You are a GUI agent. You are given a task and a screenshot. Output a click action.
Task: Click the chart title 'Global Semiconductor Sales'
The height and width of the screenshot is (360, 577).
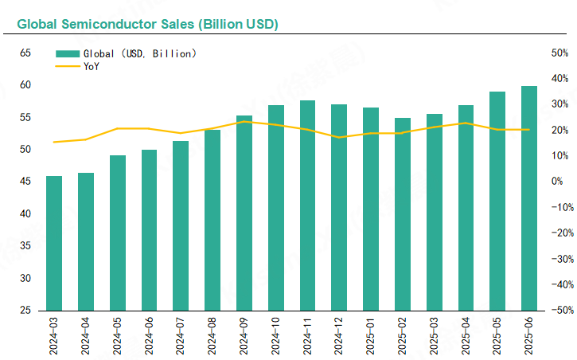(x=147, y=25)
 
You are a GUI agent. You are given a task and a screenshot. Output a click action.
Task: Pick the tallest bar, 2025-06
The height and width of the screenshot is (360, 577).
(x=529, y=198)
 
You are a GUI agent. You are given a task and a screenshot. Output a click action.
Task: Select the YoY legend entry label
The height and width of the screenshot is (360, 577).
(x=92, y=66)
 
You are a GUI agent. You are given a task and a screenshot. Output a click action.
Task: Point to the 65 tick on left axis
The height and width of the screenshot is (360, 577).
(x=25, y=53)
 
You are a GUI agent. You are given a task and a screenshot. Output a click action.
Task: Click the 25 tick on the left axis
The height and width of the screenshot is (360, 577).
(x=25, y=310)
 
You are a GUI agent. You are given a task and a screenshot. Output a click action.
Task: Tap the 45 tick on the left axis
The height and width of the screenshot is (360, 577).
(x=25, y=182)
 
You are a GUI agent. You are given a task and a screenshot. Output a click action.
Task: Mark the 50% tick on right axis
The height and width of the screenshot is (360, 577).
(x=559, y=53)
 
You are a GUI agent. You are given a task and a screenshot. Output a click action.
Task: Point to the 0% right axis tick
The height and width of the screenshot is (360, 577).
(x=559, y=182)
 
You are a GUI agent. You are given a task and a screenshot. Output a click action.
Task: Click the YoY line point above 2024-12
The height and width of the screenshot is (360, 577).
(x=340, y=137)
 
